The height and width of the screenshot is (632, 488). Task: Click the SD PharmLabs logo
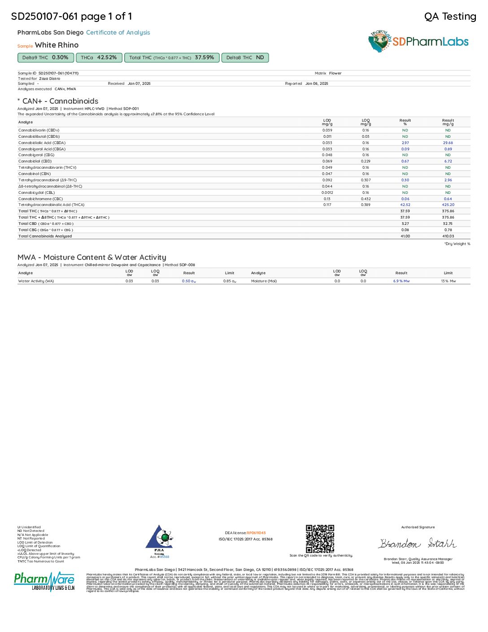tap(418, 42)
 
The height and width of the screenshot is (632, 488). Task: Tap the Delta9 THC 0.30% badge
tap(45, 58)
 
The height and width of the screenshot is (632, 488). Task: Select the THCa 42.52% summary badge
tap(99, 58)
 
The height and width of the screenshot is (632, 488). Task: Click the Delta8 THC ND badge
tap(245, 58)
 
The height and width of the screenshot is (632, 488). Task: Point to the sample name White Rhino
tap(57, 45)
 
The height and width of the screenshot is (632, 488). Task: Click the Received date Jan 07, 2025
tap(139, 83)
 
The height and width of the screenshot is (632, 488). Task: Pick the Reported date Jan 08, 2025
tap(317, 83)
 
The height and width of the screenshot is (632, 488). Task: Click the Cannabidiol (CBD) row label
tap(35, 161)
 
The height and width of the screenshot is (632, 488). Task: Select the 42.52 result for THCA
tap(405, 205)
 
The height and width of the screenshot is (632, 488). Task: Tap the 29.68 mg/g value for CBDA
tap(448, 143)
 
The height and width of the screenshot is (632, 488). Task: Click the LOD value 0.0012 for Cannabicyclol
tap(327, 193)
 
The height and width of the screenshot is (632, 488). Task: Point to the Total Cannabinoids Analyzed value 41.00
tap(405, 236)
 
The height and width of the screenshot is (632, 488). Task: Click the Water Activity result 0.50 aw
tap(189, 281)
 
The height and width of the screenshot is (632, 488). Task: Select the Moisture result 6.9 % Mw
tap(401, 281)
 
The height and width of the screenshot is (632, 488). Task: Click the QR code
tap(320, 539)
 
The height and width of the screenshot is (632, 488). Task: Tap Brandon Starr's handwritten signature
tap(418, 544)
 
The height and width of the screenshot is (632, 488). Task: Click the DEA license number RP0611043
tap(256, 533)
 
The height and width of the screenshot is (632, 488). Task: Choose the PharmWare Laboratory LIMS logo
tap(44, 581)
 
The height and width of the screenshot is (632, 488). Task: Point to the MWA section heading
tap(91, 257)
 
